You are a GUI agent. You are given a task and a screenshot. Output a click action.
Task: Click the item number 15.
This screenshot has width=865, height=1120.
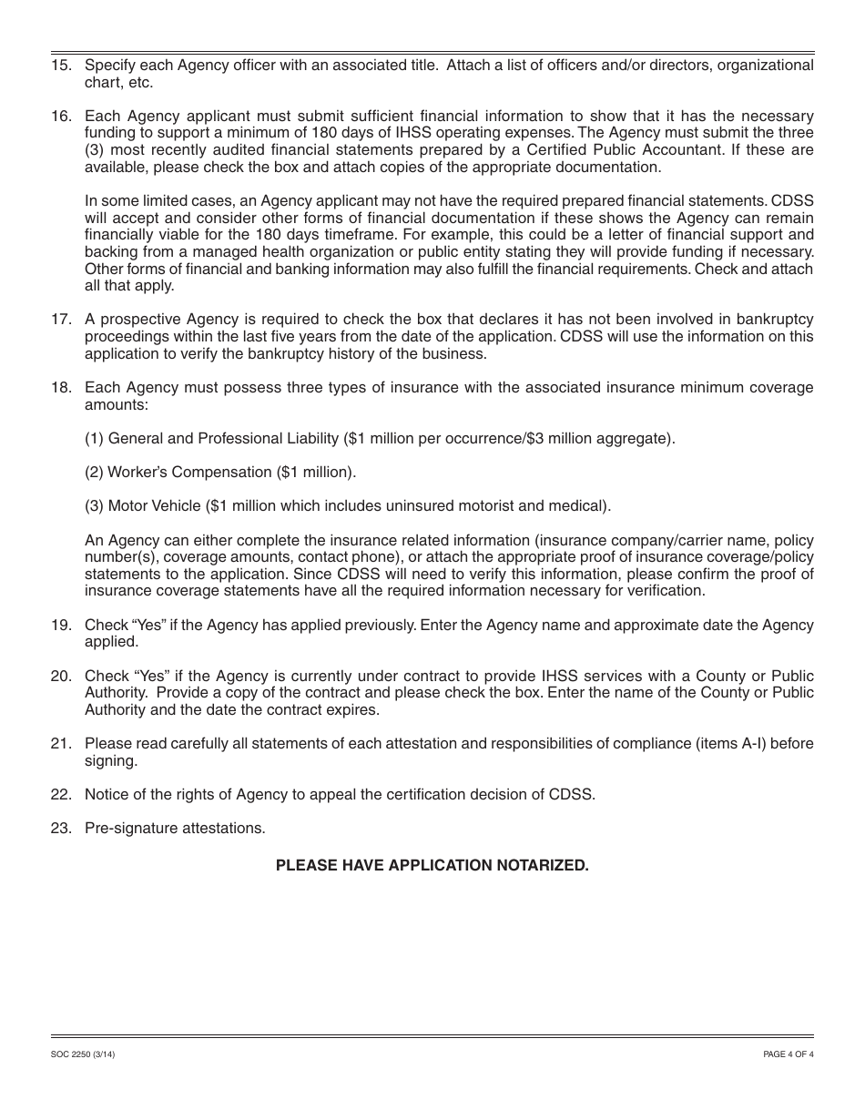61,66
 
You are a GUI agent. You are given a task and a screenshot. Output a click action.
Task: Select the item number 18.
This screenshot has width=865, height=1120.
61,388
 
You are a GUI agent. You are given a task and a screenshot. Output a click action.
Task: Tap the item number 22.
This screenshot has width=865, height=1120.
61,794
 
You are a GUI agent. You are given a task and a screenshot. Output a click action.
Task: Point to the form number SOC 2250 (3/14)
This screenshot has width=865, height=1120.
83,1054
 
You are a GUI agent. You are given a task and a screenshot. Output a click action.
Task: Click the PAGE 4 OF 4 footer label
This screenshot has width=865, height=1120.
789,1054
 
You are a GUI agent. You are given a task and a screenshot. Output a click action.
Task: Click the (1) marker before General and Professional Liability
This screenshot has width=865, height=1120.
95,439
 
